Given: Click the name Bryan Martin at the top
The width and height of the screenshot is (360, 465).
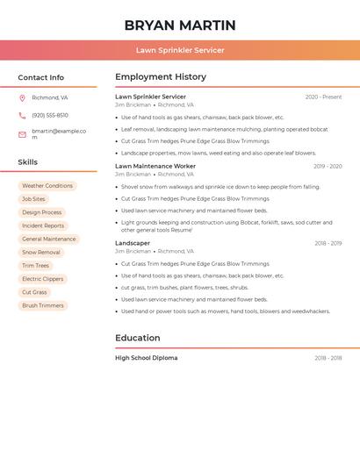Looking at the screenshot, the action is [x=180, y=25].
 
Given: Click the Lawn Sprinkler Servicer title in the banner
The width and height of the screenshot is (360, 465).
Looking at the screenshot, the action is [x=180, y=51].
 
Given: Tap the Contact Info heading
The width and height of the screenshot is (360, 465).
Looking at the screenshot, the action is [x=41, y=77].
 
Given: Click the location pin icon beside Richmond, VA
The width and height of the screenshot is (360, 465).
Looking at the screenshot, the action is [x=22, y=98].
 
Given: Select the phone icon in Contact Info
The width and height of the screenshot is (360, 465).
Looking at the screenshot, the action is [x=22, y=116].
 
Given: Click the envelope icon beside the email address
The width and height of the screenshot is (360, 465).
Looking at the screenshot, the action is [x=22, y=134].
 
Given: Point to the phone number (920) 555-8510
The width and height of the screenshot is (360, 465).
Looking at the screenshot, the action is [x=50, y=116].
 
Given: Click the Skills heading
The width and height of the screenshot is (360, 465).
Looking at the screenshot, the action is [x=28, y=162].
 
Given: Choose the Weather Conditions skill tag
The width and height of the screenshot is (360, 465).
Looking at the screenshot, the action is [x=47, y=186].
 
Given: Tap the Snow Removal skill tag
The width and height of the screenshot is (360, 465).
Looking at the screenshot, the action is [x=41, y=253].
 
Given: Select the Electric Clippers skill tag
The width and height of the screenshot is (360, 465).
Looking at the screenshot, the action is [x=43, y=279].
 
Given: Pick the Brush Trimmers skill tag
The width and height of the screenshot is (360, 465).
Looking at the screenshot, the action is [x=43, y=306].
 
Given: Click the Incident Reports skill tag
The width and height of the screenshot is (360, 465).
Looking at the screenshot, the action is [x=43, y=226].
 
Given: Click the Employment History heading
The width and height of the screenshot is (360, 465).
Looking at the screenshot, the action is [x=161, y=77].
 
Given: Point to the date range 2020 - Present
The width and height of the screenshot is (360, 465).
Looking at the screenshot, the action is [x=323, y=97].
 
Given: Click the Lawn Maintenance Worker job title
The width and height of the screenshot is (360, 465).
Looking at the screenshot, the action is [x=155, y=166].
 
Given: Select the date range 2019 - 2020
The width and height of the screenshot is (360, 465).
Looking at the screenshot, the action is [x=328, y=166].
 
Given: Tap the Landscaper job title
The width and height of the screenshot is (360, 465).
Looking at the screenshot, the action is [x=133, y=243].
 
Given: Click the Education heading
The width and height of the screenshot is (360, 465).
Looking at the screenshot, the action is [x=138, y=338].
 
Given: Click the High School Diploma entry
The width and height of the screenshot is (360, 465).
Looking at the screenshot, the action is [x=147, y=358].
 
